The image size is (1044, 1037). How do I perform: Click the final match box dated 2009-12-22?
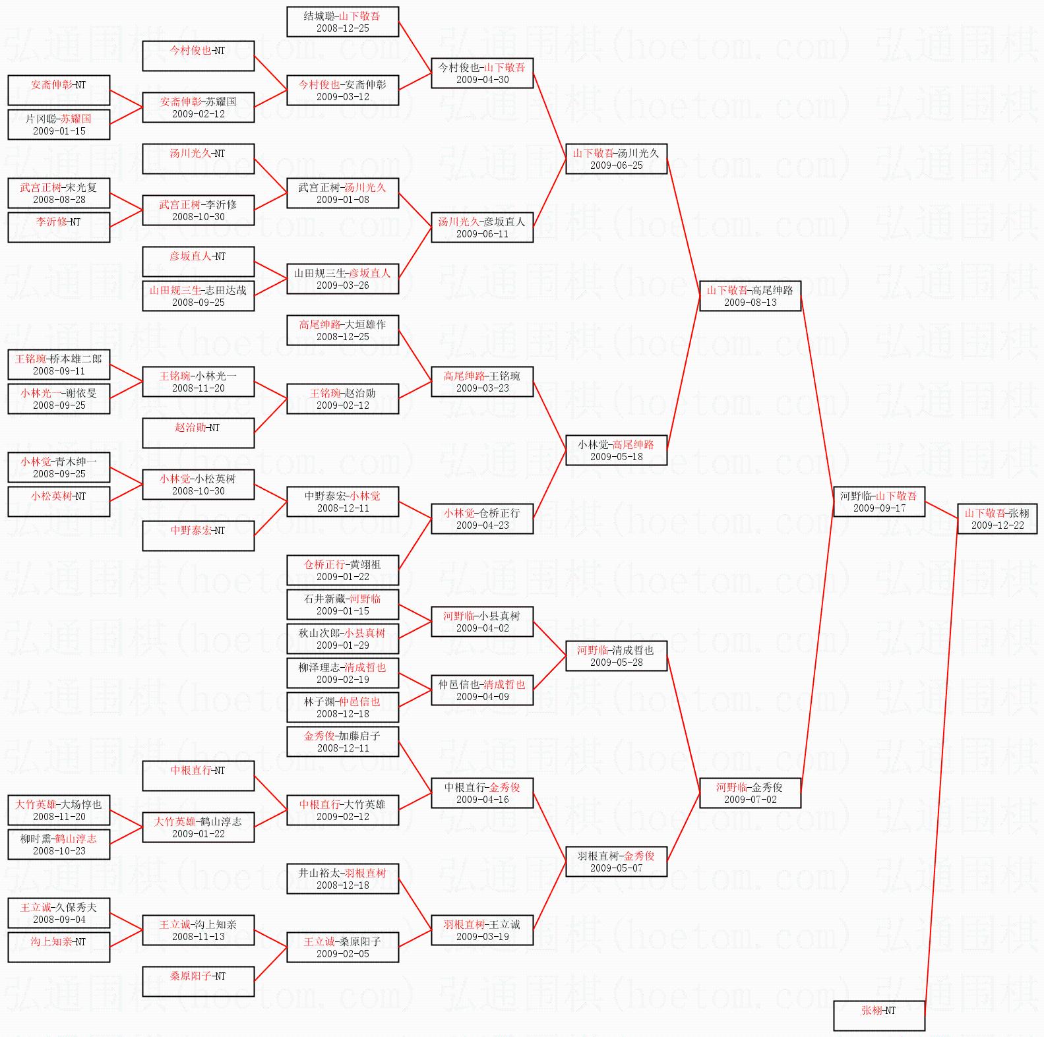tap(997, 519)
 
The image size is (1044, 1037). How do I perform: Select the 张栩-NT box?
tap(878, 1016)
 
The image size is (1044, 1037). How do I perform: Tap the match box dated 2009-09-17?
tap(878, 502)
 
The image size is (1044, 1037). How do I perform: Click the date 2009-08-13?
tap(750, 303)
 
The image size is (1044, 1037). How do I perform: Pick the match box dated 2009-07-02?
tap(750, 793)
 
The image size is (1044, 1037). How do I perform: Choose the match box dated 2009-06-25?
tap(616, 159)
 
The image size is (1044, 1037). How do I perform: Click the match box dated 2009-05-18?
tap(616, 450)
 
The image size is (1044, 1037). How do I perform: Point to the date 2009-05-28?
tap(616, 663)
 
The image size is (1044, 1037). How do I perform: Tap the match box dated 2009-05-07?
tap(616, 862)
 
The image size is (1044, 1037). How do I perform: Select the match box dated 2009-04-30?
tap(482, 73)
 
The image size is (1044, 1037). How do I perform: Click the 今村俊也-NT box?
tap(198, 56)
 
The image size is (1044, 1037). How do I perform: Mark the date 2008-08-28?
tap(59, 200)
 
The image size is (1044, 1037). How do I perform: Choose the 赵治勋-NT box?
tap(198, 433)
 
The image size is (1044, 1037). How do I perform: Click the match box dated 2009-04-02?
tap(482, 622)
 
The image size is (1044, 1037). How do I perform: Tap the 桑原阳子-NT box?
tap(198, 982)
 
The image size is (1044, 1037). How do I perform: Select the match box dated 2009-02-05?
tap(342, 947)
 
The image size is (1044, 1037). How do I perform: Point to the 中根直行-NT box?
tap(198, 776)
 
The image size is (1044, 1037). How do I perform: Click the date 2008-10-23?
tap(59, 851)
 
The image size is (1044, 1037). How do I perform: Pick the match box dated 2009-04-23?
tap(482, 519)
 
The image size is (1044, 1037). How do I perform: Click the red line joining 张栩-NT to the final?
tap(941, 765)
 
